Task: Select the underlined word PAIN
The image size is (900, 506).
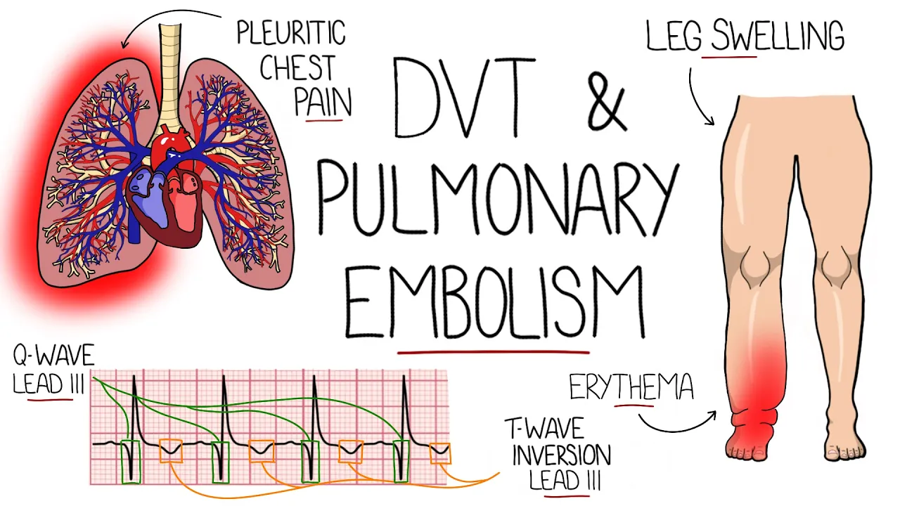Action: click(x=323, y=103)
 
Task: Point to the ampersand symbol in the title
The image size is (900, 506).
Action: click(x=605, y=98)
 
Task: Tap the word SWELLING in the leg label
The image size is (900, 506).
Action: click(x=777, y=37)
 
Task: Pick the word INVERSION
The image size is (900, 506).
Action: click(x=561, y=455)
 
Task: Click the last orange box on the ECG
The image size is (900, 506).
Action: click(x=440, y=453)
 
